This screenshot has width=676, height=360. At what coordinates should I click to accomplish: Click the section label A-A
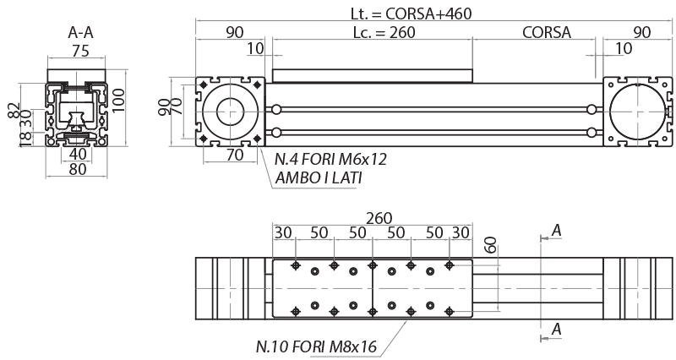click(79, 33)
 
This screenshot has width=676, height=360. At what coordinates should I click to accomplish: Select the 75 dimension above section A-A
click(79, 50)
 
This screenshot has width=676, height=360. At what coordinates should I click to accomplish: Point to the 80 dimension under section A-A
click(77, 169)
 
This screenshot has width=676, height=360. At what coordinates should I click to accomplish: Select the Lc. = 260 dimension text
click(368, 32)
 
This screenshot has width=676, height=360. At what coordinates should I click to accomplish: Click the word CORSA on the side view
click(547, 32)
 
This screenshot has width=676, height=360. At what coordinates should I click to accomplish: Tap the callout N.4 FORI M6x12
click(330, 158)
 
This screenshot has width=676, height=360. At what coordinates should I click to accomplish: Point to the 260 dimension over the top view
click(372, 217)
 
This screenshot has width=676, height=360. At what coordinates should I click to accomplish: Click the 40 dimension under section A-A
click(77, 154)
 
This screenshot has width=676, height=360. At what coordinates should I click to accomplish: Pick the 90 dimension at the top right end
click(641, 32)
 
